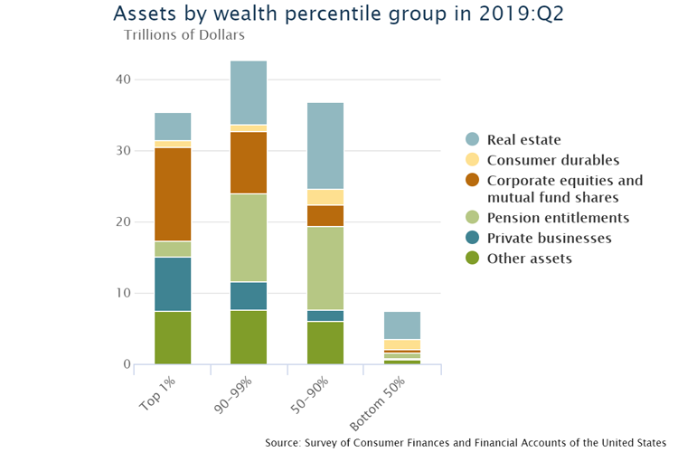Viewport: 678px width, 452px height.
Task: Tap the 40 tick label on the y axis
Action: click(123, 80)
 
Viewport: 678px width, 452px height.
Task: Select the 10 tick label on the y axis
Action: click(123, 293)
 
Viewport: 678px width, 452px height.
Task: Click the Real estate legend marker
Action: click(472, 139)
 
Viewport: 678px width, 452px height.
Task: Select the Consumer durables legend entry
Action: click(552, 160)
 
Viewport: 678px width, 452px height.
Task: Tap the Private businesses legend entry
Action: click(549, 239)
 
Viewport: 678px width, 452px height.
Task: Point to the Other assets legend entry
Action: click(530, 259)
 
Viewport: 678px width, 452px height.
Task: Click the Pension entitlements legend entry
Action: click(558, 218)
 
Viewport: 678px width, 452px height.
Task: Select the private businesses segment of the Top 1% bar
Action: click(173, 284)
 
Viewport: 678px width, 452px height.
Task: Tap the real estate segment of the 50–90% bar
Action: click(325, 146)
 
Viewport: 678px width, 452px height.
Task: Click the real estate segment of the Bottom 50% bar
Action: click(401, 325)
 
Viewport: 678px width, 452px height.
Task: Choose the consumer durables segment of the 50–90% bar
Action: click(325, 197)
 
